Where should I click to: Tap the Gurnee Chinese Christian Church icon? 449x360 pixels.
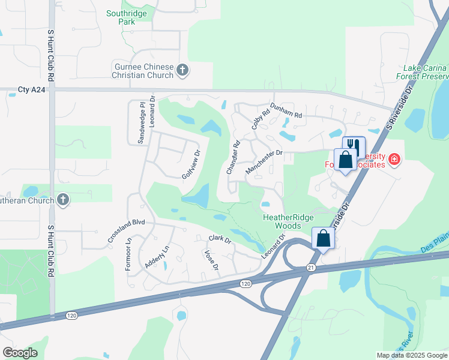[x=183, y=71]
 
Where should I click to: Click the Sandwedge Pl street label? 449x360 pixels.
[x=142, y=122]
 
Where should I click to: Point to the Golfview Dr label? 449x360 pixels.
[x=190, y=164]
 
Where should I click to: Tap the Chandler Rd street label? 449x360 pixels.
[x=233, y=157]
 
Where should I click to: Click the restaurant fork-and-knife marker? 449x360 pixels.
[x=354, y=146]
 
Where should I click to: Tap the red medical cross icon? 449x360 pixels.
[x=394, y=160]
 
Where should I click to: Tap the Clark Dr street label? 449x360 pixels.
[x=220, y=239]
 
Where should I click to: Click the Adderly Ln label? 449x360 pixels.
[x=157, y=257]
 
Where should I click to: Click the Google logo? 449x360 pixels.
[x=20, y=353]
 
